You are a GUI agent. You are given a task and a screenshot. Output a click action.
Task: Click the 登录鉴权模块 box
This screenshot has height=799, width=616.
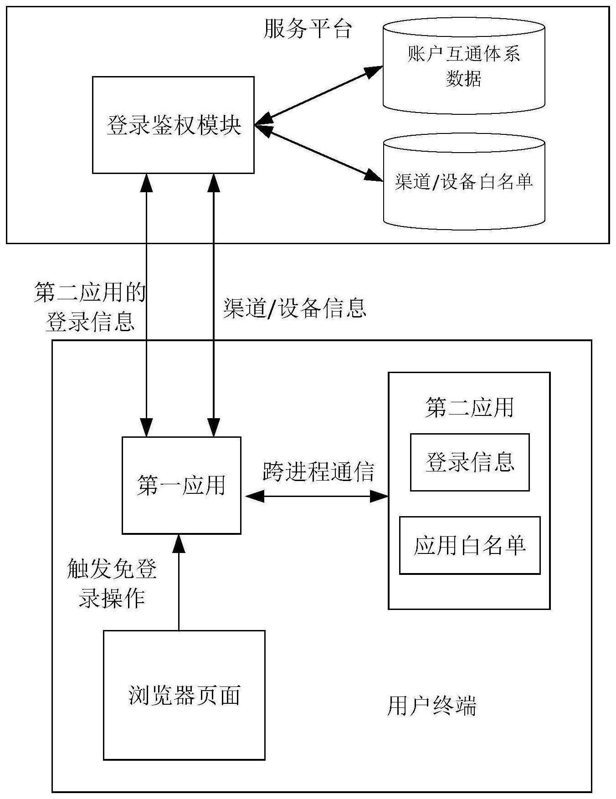pos(173,125)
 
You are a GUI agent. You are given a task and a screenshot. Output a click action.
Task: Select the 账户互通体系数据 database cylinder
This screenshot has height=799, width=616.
pos(464,67)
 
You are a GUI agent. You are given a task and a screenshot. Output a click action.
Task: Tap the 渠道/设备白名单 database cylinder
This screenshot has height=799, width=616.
pos(464,182)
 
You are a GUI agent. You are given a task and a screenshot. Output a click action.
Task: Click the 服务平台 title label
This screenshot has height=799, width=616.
pos(308,29)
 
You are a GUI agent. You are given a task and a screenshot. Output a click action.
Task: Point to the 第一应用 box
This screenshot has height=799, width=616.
pos(181,485)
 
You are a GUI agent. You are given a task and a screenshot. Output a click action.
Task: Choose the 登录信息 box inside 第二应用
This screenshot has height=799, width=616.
pos(470,462)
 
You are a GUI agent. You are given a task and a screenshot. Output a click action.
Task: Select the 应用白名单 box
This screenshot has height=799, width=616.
pos(470,545)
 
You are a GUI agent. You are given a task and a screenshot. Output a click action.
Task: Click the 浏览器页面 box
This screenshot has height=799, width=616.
pos(184,695)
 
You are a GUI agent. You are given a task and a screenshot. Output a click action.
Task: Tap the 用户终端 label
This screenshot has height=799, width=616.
pos(431,706)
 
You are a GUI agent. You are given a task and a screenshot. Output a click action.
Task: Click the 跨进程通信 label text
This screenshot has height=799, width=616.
pos(318,471)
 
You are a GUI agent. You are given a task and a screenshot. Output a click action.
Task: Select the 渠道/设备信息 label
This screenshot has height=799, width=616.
pos(295,308)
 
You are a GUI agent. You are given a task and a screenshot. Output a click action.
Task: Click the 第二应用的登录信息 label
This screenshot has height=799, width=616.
pos(90,307)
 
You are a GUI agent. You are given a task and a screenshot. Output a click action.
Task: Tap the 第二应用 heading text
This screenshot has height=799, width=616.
pos(469,407)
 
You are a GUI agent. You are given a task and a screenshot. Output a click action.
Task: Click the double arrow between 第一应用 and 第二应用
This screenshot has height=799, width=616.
pos(316,496)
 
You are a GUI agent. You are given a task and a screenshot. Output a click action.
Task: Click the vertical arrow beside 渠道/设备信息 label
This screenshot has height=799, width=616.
pos(214,305)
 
